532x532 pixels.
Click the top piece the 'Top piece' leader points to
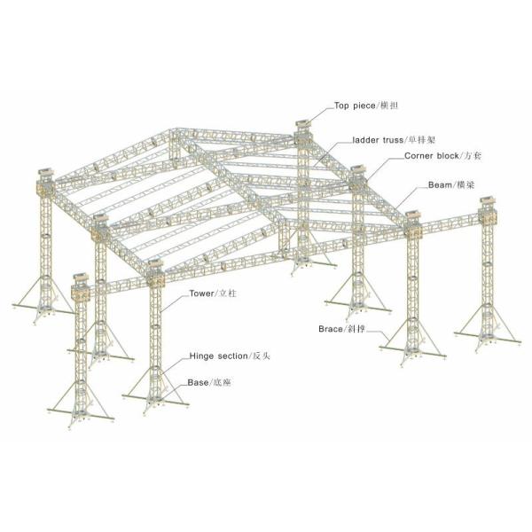(x=303, y=124)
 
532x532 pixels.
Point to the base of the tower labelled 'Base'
(x=156, y=401)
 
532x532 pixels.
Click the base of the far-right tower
(x=488, y=338)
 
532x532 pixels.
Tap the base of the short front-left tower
(x=81, y=415)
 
